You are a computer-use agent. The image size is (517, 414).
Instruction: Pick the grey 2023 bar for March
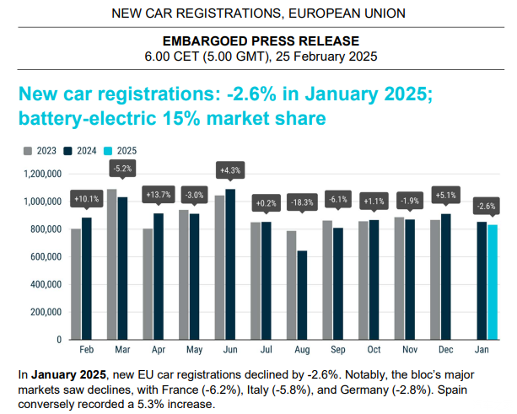tap(112, 264)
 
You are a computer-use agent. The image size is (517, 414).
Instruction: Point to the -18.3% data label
tap(301, 202)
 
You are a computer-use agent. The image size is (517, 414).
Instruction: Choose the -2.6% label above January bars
tap(487, 206)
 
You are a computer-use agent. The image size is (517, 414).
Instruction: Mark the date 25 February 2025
tap(326, 56)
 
